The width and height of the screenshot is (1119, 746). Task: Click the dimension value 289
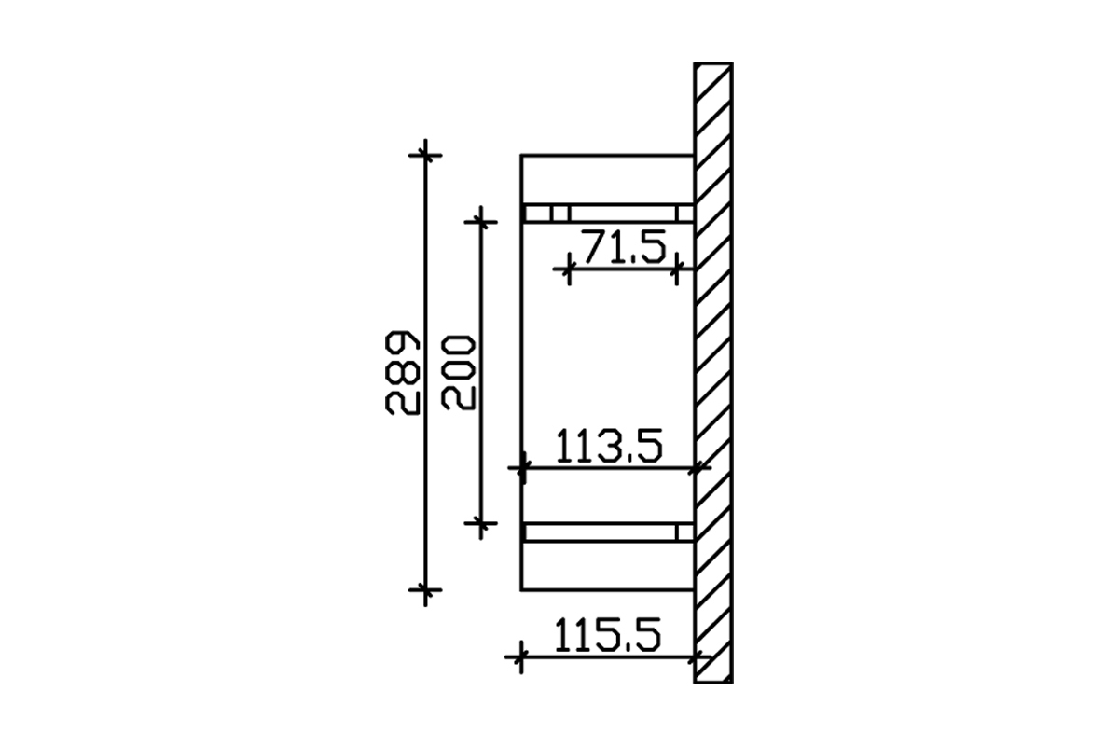click(x=402, y=372)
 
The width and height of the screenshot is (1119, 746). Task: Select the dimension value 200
click(x=458, y=372)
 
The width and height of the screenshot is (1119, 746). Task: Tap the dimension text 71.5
click(x=625, y=246)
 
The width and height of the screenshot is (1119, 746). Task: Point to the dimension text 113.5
click(x=610, y=446)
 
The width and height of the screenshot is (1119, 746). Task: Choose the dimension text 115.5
click(x=608, y=635)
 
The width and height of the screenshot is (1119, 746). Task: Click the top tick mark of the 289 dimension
click(x=425, y=156)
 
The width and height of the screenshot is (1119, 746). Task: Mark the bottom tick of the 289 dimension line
click(x=425, y=590)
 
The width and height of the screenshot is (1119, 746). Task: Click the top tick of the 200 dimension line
click(x=480, y=222)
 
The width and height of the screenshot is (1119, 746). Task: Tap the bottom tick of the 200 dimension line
click(x=480, y=523)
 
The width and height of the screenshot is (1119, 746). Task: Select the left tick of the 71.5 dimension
click(x=569, y=269)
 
